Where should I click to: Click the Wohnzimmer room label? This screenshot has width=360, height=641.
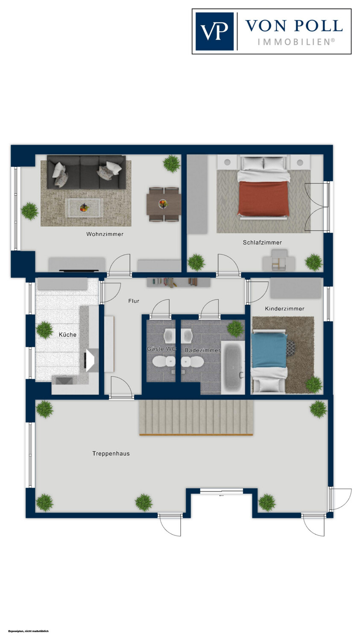click(105, 234)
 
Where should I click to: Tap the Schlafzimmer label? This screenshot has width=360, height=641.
click(262, 242)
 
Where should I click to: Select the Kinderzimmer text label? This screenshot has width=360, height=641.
click(284, 309)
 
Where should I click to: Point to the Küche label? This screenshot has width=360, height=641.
click(67, 335)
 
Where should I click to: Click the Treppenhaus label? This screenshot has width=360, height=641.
click(111, 453)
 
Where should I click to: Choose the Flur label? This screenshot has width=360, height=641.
click(134, 301)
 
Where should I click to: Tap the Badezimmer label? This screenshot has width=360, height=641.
click(202, 350)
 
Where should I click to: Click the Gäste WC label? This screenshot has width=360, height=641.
click(161, 349)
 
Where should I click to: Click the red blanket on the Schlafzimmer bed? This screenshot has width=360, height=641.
click(263, 198)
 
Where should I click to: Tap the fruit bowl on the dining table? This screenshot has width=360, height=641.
click(163, 204)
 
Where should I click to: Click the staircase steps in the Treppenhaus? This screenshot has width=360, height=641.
click(196, 418)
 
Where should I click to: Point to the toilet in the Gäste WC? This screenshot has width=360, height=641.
click(164, 362)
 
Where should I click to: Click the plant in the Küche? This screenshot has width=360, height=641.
click(44, 329)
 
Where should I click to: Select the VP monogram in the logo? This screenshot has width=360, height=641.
click(214, 31)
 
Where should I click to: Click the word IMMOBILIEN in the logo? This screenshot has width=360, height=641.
click(296, 42)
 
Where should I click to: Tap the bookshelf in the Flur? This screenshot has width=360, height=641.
click(179, 282)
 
